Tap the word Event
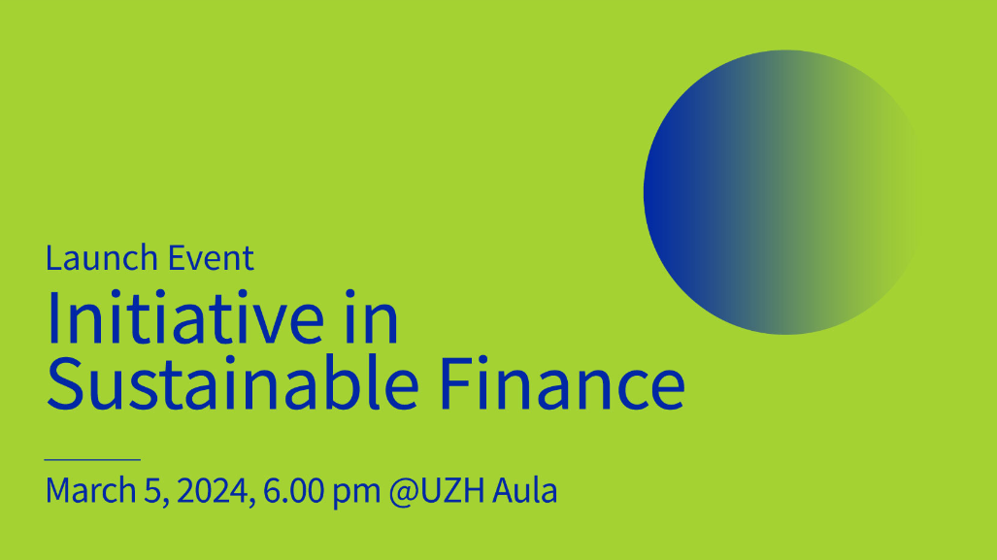[211, 258]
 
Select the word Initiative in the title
[185, 317]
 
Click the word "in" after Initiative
[372, 317]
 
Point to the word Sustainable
[233, 383]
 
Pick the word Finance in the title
[562, 383]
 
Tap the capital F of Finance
[456, 383]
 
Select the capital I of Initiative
[52, 318]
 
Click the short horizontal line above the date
[92, 459]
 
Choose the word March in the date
[91, 490]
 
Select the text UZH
[452, 490]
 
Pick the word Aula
[525, 490]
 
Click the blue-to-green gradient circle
[781, 192]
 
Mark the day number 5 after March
[153, 491]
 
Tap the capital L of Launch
[53, 258]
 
